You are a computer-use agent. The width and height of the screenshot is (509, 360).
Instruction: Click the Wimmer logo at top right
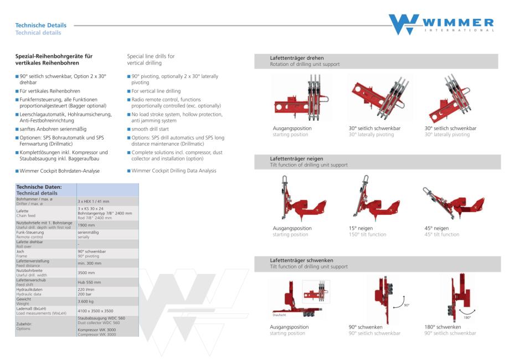pos(441,24)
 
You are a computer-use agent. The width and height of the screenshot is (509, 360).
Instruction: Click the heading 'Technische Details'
pos(40,25)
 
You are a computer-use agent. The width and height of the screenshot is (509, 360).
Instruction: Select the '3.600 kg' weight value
pos(86,301)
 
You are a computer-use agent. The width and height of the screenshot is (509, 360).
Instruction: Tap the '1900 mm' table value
pos(86,225)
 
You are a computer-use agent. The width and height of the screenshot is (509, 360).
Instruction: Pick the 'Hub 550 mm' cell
pos(89,282)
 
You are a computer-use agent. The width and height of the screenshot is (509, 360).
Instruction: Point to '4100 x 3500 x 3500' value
pos(95,311)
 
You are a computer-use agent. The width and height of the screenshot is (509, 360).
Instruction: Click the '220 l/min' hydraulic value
pos(86,289)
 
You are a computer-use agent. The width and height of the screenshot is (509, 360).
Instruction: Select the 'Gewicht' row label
pos(24,299)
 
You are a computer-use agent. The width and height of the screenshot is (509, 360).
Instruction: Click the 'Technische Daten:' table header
pos(39,187)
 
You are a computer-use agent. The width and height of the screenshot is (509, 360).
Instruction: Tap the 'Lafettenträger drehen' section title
pos(297,58)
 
